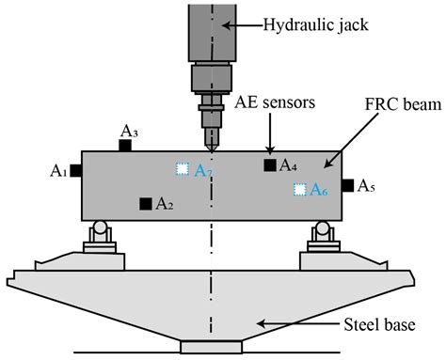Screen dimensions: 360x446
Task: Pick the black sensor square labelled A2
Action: pos(145,203)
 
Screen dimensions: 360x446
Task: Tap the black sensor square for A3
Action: pos(125,145)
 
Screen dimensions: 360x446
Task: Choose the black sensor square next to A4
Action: pos(269,165)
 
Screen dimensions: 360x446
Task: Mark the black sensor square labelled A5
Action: pos(347,186)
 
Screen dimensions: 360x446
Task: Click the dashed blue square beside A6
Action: pos(299,190)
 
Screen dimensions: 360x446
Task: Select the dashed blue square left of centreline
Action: pos(183,169)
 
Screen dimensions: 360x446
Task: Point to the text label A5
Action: pos(367,187)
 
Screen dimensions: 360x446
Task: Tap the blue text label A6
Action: pos(319,190)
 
